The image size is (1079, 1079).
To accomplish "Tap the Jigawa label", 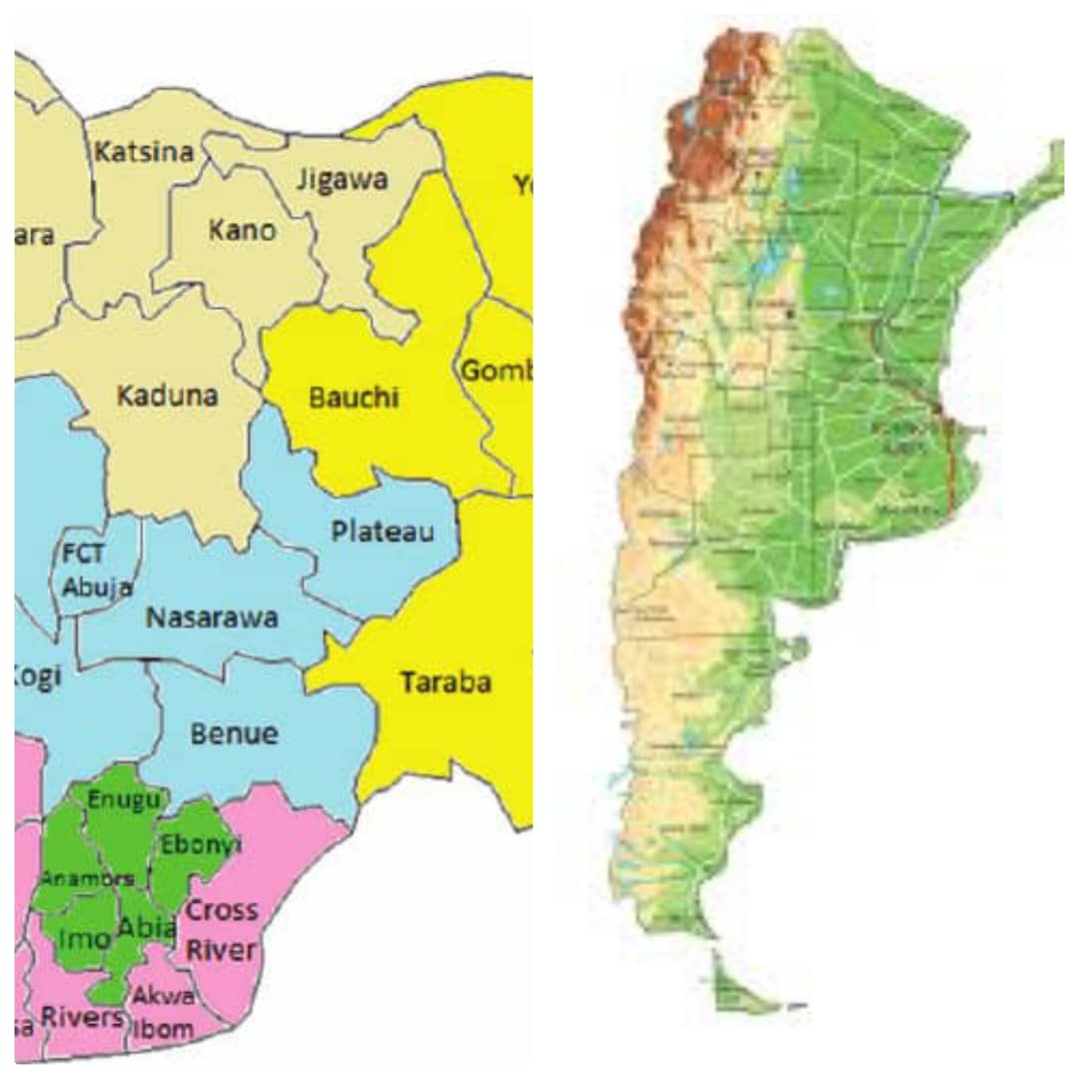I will coord(343,181).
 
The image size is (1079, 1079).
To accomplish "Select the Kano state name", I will coord(242,230).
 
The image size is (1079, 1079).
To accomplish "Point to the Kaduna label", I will coord(167,395).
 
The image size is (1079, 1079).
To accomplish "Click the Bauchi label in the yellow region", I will coord(354,398).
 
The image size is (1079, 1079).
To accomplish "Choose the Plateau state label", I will coord(383,531).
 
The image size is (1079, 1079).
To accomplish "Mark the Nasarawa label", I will coord(212,617).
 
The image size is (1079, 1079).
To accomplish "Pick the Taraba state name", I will coord(446,682).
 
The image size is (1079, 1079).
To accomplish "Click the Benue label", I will coord(234,734).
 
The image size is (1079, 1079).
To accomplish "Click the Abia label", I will coord(146,928).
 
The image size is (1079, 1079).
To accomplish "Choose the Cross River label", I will coord(221,929).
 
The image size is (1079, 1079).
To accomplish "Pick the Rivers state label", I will coord(82,1017).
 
